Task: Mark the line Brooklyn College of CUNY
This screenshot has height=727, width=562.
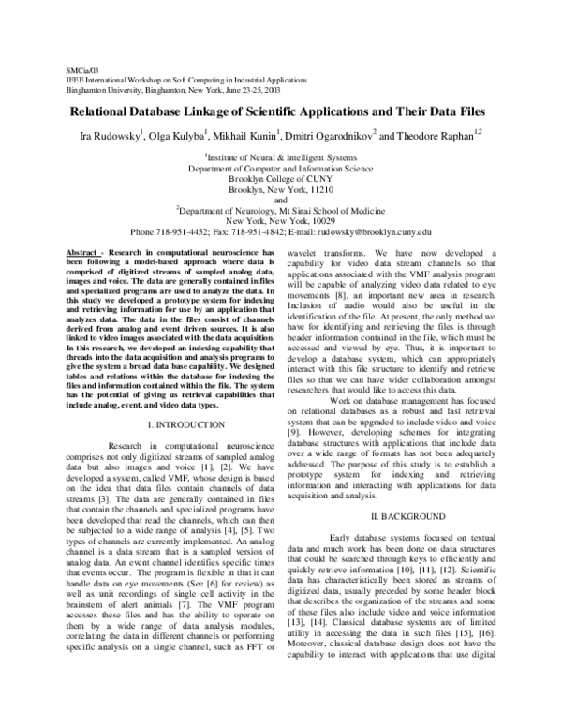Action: [x=281, y=178]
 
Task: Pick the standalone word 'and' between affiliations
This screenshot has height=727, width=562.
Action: [x=281, y=199]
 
